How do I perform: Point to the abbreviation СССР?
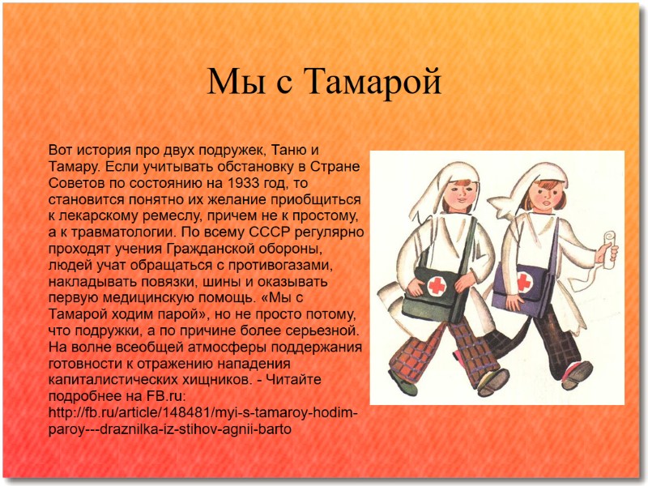tap(284, 232)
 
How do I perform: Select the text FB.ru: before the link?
tap(162, 396)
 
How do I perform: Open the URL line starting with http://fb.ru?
tap(202, 412)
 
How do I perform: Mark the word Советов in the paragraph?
tap(75, 183)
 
